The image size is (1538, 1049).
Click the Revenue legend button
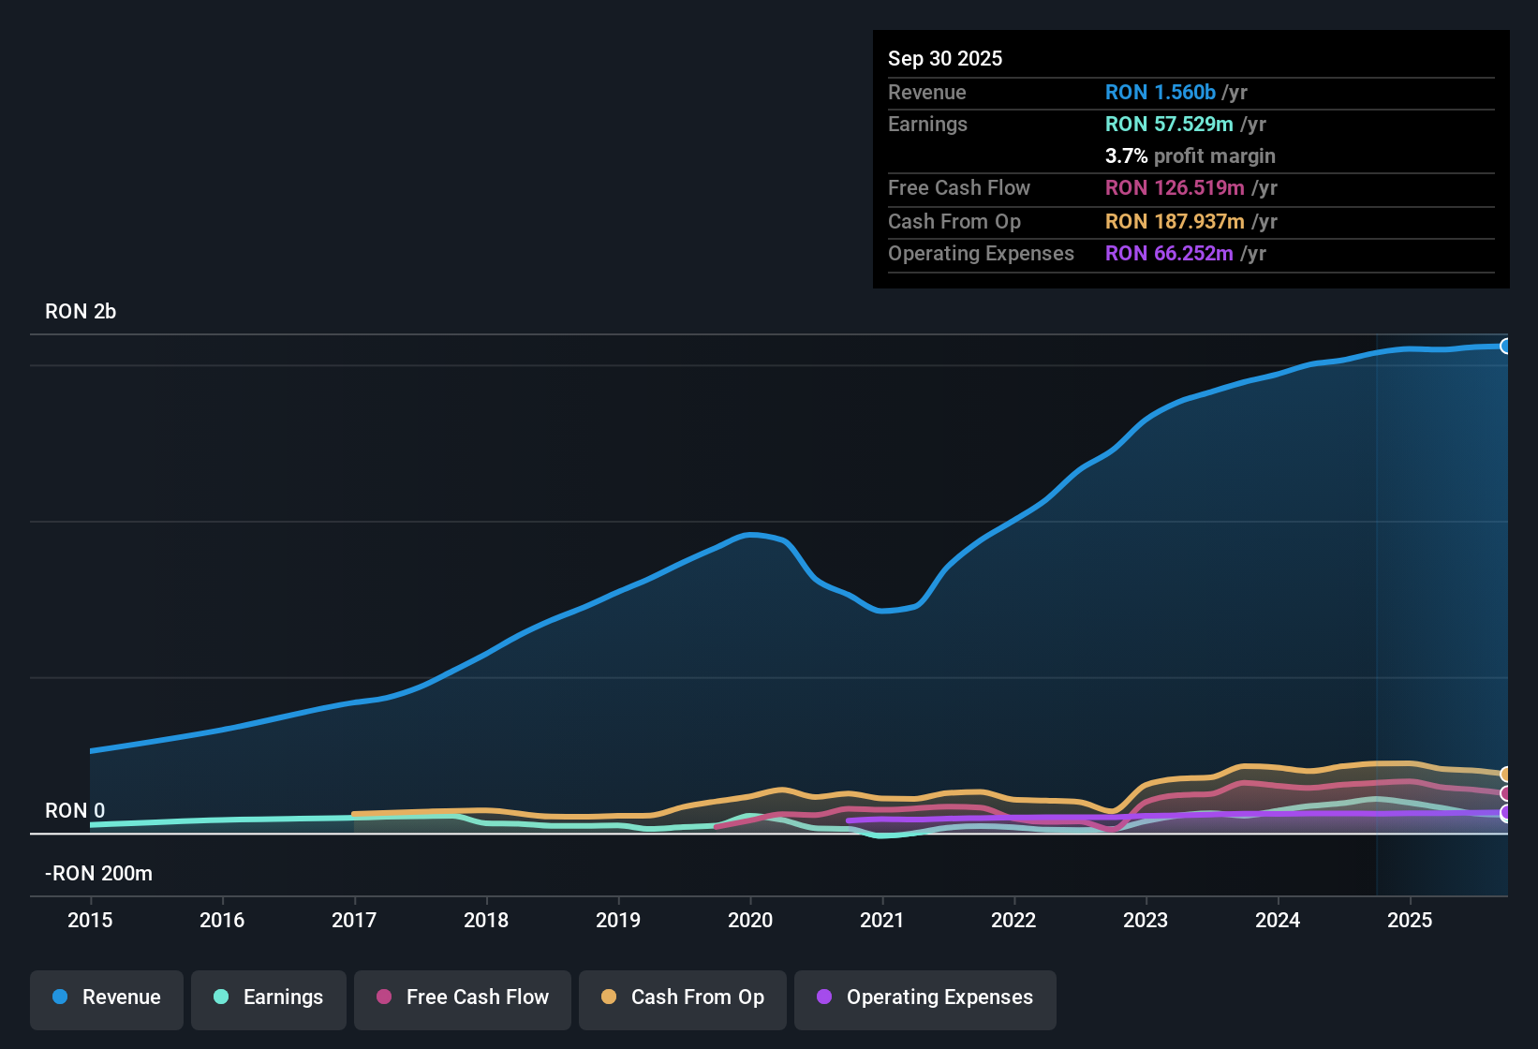[107, 997]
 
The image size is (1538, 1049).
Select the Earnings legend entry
[269, 997]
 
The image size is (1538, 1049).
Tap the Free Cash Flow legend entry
[463, 997]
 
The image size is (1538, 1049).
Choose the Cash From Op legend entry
[683, 997]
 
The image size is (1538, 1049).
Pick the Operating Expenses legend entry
[925, 997]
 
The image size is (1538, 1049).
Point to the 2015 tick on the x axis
[90, 920]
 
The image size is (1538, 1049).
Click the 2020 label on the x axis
[750, 920]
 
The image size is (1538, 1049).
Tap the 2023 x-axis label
[1146, 920]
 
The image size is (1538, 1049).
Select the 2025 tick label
[1410, 920]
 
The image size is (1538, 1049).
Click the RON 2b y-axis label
[81, 312]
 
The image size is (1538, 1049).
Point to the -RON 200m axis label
[98, 874]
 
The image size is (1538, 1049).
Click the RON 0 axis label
[75, 811]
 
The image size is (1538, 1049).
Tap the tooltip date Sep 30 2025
[945, 59]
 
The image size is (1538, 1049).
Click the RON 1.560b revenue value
[1161, 93]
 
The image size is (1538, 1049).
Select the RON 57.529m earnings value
[1169, 125]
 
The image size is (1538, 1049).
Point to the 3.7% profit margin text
[1190, 156]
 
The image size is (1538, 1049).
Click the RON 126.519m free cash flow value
[1175, 188]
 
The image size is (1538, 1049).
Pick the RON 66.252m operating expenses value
[1169, 254]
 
